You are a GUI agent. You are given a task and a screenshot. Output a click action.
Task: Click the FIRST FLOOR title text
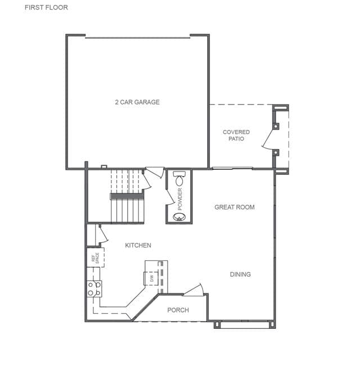click(x=46, y=7)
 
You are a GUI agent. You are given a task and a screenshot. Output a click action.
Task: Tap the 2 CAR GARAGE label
click(x=137, y=102)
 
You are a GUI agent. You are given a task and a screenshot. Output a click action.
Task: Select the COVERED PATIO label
click(x=236, y=135)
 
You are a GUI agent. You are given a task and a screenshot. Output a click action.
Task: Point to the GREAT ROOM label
click(x=235, y=207)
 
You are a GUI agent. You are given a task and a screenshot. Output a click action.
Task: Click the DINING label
click(x=240, y=274)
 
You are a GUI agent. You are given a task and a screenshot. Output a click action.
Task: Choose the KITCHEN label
click(x=138, y=245)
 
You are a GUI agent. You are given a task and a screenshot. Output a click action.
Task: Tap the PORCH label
click(x=178, y=310)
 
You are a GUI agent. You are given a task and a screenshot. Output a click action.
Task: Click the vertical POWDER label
click(x=180, y=199)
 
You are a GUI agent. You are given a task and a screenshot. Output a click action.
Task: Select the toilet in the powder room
click(x=179, y=178)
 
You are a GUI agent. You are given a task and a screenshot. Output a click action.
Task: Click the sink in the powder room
click(x=179, y=217)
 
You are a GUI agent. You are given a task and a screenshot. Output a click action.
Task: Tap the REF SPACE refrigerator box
click(x=96, y=257)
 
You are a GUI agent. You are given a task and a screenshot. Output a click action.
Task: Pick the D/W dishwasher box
click(x=151, y=278)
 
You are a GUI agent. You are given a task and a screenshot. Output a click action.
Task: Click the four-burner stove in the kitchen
click(x=94, y=289)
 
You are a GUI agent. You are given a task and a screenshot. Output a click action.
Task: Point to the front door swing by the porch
click(x=193, y=291)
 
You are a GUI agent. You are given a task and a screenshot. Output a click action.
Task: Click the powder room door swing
click(x=170, y=197)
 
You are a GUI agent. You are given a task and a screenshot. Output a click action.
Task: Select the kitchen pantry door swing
click(x=103, y=234)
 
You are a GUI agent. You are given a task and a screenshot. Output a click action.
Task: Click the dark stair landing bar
click(x=127, y=196)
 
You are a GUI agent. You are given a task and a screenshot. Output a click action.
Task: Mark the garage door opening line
click(x=138, y=38)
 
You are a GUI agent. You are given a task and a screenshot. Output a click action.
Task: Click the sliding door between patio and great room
click(x=232, y=168)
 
